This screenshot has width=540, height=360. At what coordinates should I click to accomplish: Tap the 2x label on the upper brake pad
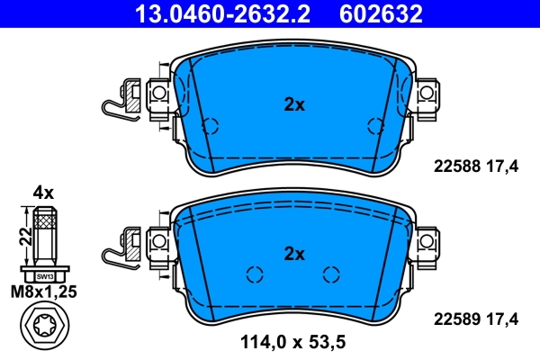294,104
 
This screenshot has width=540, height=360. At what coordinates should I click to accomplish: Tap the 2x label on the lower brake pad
294,253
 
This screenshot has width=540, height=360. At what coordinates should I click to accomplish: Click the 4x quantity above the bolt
44,193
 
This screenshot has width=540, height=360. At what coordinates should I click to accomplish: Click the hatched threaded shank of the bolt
45,236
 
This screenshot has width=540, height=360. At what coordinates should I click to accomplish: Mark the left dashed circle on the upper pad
210,127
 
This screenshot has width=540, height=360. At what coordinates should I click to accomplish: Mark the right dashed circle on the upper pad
374,127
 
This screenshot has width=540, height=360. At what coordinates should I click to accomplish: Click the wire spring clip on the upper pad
114,103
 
